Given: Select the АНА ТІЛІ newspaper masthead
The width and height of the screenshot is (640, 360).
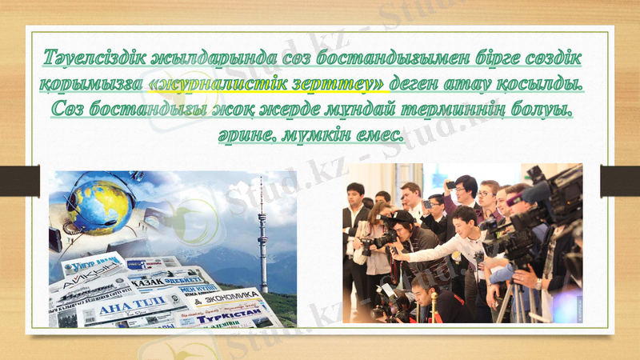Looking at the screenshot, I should (117, 308).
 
